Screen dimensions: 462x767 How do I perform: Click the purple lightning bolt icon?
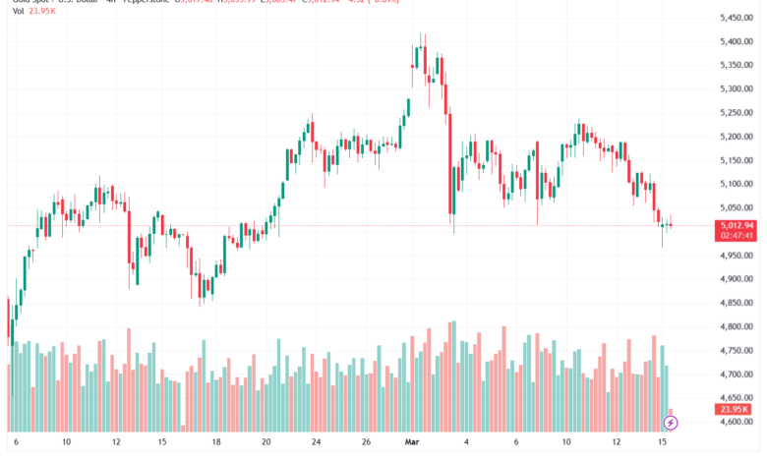[x=671, y=423]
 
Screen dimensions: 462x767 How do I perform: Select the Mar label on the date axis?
[x=415, y=442]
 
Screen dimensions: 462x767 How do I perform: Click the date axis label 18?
[x=215, y=442]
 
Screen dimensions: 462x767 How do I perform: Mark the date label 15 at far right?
[x=665, y=442]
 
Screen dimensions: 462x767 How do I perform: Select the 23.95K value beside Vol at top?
[x=43, y=14]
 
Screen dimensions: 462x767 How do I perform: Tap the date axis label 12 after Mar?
[x=615, y=442]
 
